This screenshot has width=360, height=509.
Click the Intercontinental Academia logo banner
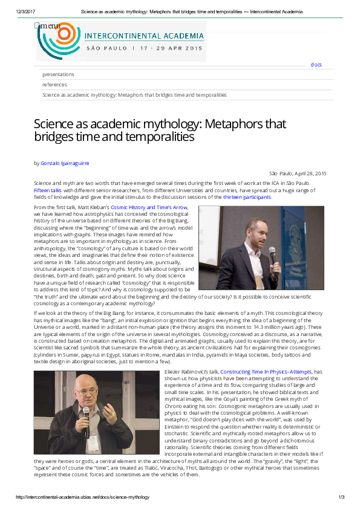point(121,42)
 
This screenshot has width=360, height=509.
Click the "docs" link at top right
point(316,65)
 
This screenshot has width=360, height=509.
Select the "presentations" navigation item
point(58,74)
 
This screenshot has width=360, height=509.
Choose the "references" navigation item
point(54,85)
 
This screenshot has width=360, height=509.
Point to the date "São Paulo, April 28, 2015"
point(298,173)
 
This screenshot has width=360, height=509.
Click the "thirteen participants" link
point(247,197)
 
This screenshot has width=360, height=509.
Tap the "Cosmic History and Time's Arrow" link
point(149,207)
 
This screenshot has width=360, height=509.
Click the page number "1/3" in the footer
point(341,497)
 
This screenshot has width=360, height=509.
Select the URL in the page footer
point(82,497)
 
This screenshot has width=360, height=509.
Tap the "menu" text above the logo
point(48,25)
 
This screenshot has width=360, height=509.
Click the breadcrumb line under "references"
point(134,95)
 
